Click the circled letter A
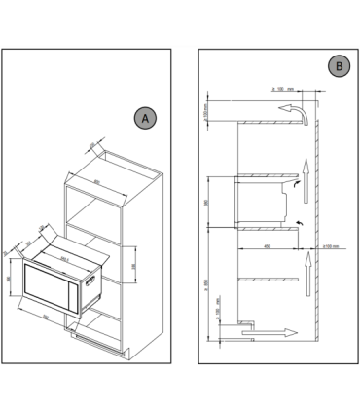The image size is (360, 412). click(x=144, y=118)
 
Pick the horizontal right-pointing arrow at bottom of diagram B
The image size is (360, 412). click(x=276, y=332)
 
